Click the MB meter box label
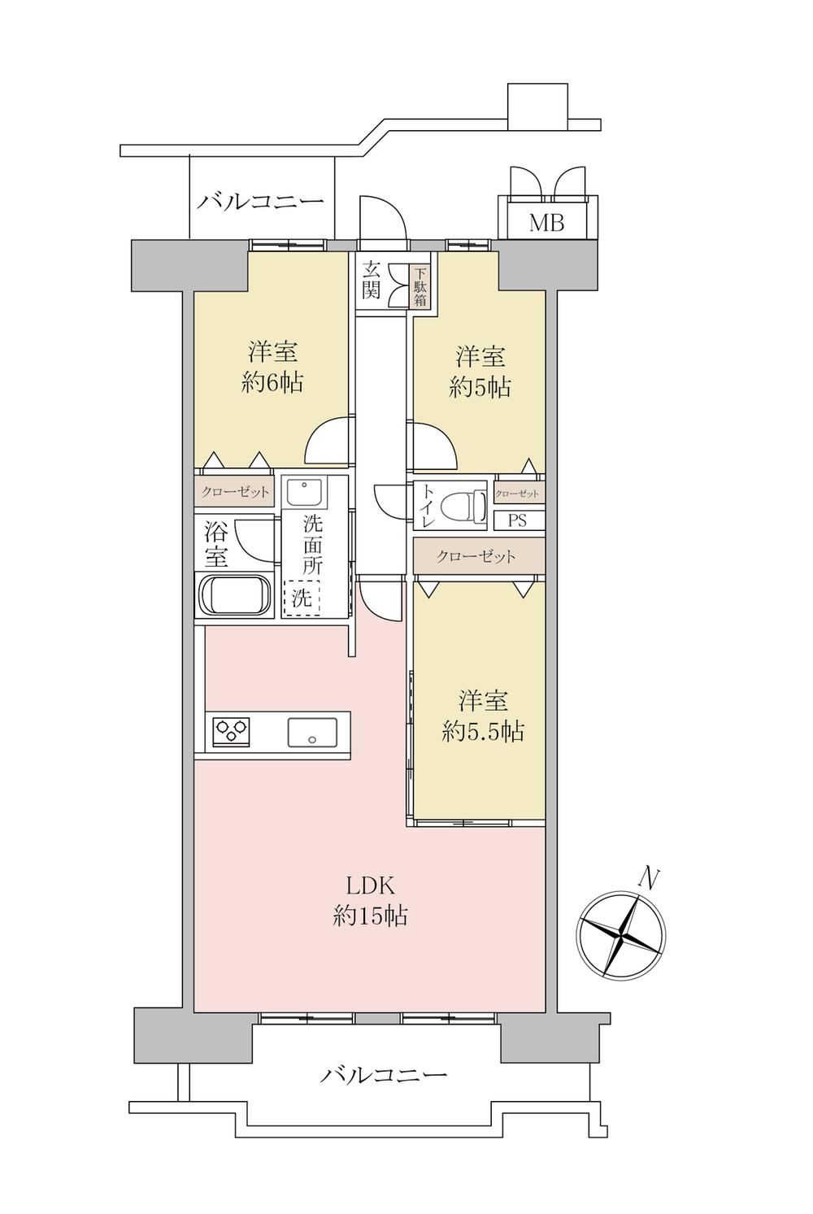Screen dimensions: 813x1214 point(547,223)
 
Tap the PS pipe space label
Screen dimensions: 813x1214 point(517,521)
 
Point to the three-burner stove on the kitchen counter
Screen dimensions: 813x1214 point(232,732)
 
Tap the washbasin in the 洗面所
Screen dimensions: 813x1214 point(305,491)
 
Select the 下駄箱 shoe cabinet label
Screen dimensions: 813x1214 point(420,285)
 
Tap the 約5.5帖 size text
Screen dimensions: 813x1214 point(483,732)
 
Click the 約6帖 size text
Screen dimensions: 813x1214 point(272,383)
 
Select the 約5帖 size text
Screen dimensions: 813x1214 point(480,388)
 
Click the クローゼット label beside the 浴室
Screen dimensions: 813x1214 point(235,492)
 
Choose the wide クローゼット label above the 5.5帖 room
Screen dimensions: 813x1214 point(476,557)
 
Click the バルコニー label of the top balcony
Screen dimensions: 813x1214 point(260,202)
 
